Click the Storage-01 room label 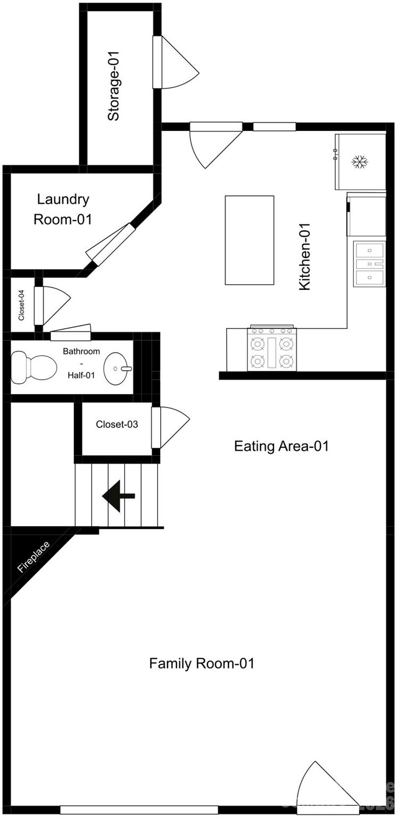point(113,86)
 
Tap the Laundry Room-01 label point(63,209)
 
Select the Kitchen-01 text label point(304,256)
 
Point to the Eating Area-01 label point(281,446)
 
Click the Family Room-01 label point(202,663)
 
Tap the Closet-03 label point(117,424)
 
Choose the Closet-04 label point(21,305)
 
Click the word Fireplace point(34,556)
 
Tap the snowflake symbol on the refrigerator point(361,162)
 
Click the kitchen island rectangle point(250,240)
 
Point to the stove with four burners point(271,349)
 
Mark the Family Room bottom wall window point(139,810)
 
